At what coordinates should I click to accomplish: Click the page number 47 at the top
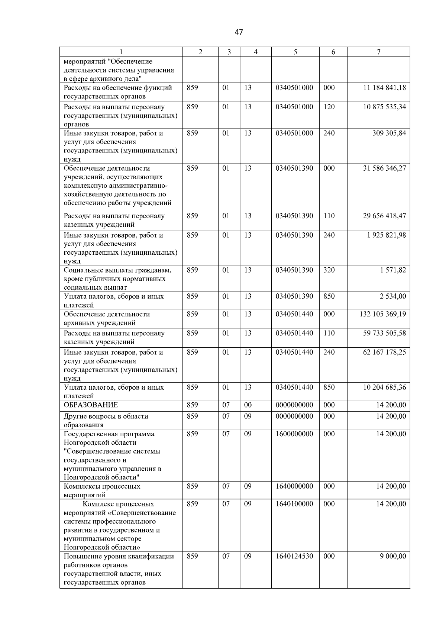tap(239, 32)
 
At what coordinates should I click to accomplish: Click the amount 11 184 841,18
tap(384, 88)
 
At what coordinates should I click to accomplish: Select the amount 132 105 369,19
tap(382, 314)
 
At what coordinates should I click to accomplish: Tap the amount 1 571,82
tap(393, 270)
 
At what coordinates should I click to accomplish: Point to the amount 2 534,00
tap(393, 296)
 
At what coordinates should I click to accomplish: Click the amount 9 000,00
tap(393, 556)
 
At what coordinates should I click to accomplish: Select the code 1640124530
tap(294, 556)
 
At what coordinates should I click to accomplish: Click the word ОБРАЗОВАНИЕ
tap(91, 405)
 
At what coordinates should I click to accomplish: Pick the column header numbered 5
tap(295, 52)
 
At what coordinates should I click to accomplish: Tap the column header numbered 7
tap(378, 52)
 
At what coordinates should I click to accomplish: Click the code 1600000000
tap(294, 434)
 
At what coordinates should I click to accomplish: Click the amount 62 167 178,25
tap(384, 352)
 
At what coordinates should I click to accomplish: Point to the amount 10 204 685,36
tap(384, 387)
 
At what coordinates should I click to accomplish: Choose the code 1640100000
tap(294, 504)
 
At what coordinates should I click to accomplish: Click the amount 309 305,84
tap(389, 133)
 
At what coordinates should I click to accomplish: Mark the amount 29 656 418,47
tap(384, 216)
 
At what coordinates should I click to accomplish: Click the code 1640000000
tap(294, 486)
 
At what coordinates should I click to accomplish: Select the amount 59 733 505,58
tap(384, 333)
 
